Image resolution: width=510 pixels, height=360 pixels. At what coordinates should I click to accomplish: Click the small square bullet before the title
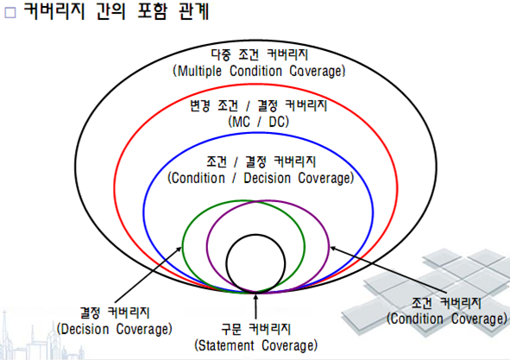point(10,12)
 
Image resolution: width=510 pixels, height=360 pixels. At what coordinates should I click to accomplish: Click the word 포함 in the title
point(153,11)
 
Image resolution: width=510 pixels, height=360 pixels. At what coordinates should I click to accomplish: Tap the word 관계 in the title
point(194,11)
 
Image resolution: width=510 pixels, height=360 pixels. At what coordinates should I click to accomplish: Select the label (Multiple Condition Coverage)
point(259,71)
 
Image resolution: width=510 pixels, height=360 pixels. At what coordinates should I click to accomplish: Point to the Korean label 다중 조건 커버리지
point(259,54)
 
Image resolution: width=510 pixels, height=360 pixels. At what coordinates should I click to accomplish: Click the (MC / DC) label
point(259,122)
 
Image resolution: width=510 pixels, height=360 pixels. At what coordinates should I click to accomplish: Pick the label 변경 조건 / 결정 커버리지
point(259,105)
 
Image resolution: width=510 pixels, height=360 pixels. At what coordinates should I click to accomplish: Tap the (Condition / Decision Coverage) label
point(261,178)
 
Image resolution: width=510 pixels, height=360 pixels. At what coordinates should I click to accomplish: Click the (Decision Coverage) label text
point(115,329)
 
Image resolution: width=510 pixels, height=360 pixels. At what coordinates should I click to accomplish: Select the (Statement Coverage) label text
point(256,345)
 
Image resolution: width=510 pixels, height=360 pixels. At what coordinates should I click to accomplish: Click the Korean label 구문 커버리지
point(256,329)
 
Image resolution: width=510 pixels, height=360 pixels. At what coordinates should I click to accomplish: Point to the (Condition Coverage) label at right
point(447,319)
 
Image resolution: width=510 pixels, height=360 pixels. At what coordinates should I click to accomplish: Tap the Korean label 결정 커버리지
point(115,313)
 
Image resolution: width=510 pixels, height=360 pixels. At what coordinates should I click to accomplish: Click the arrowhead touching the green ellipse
point(179,249)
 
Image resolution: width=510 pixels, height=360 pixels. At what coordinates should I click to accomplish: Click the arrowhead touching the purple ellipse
point(333,249)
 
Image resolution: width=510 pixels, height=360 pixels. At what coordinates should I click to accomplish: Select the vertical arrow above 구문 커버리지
point(255,306)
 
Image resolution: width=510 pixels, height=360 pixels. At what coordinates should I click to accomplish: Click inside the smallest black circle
point(255,263)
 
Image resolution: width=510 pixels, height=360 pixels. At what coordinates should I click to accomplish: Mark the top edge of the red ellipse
point(256,85)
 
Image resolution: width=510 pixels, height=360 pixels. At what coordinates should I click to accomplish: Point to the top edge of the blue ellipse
point(257,133)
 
